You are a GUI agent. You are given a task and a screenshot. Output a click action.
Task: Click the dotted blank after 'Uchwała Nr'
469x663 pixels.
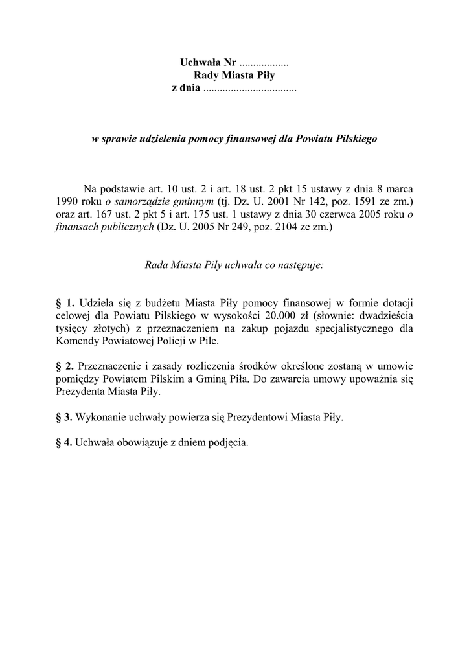click(x=264, y=63)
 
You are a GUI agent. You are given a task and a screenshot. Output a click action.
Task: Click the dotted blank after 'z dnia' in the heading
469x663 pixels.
click(x=249, y=88)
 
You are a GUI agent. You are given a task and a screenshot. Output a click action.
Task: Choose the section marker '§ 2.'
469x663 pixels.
click(x=66, y=366)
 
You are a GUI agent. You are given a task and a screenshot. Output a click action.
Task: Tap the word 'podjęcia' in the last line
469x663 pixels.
click(x=227, y=444)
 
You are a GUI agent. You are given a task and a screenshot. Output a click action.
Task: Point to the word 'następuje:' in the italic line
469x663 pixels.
click(x=301, y=265)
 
